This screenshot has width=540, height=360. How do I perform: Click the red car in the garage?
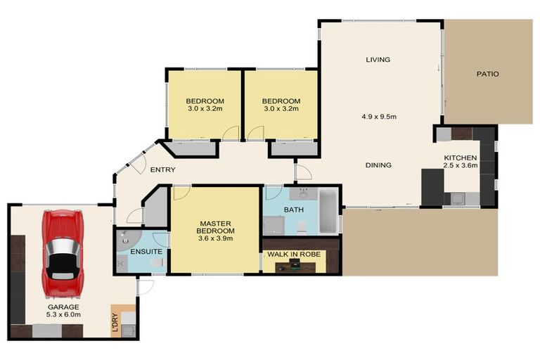point(63,254)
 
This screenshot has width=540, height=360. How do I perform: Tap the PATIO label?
point(488,74)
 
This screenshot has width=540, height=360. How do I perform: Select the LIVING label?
point(378,60)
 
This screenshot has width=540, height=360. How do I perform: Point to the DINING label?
point(378,165)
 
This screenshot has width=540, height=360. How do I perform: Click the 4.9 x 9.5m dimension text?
point(379,117)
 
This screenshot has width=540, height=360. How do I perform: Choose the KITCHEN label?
point(461,157)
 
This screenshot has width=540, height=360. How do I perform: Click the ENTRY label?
point(163,169)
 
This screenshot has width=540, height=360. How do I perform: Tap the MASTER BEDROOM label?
point(216,227)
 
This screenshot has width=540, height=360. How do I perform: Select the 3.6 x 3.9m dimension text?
point(216,238)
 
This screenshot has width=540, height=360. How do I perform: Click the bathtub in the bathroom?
point(329,211)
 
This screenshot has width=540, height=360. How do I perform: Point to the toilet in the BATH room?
point(302,228)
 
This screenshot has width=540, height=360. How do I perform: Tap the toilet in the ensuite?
point(158,262)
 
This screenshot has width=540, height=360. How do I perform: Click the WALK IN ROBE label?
point(294,255)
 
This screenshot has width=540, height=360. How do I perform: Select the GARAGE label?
point(63,307)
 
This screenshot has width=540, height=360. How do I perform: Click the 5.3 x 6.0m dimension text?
point(63,314)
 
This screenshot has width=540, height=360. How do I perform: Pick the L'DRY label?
point(115,322)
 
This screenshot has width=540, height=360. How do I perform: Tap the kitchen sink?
point(458,199)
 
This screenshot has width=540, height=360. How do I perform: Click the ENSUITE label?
point(146,252)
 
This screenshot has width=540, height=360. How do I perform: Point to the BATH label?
point(294,210)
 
